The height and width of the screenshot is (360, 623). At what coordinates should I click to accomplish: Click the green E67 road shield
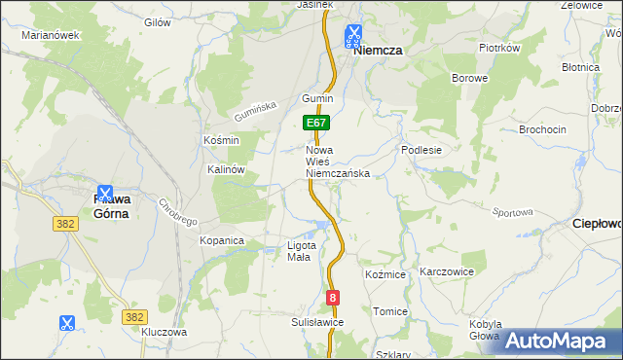tap(316, 124)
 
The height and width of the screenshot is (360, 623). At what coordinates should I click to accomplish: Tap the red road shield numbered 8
tap(333, 298)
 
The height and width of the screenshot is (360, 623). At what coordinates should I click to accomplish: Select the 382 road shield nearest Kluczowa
tap(135, 316)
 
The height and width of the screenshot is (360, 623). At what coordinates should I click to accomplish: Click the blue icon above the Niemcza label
tap(351, 36)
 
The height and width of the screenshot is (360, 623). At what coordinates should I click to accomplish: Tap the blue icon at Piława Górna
tap(104, 195)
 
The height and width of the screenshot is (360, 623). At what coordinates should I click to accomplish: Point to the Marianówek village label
tap(50, 34)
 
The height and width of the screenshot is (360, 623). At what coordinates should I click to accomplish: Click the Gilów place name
tap(157, 21)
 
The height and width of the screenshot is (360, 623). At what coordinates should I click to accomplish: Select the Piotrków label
tap(500, 47)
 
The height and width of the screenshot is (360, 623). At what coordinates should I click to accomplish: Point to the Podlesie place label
tap(422, 150)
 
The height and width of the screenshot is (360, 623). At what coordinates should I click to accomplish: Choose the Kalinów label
tap(226, 168)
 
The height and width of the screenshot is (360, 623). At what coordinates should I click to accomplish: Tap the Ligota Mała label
tap(299, 251)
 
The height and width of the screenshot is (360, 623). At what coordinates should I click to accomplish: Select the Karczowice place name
tap(446, 271)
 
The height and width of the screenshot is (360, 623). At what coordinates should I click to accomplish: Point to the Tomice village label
tap(390, 311)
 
